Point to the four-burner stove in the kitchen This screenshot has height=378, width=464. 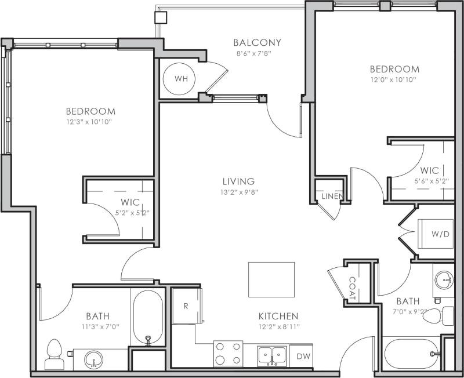point(228,353)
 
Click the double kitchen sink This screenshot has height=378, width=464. point(272,354)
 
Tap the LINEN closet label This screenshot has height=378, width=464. point(332,197)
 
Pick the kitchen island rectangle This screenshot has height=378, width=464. point(271,278)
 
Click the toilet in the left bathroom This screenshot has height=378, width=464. point(54,354)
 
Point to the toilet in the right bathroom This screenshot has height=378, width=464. point(447,317)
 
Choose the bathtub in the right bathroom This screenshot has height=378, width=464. point(412,353)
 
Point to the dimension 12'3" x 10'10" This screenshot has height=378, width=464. point(90,122)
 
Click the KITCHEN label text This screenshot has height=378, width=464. point(278,316)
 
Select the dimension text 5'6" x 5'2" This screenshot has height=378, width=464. point(430,181)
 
